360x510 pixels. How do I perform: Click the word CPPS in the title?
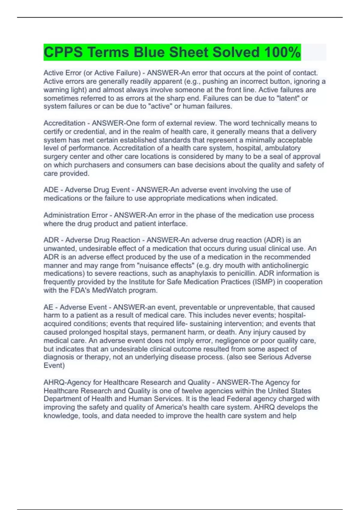click(63, 52)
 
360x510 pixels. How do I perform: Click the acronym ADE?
click(51, 190)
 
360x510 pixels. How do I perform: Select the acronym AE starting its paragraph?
click(48, 307)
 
